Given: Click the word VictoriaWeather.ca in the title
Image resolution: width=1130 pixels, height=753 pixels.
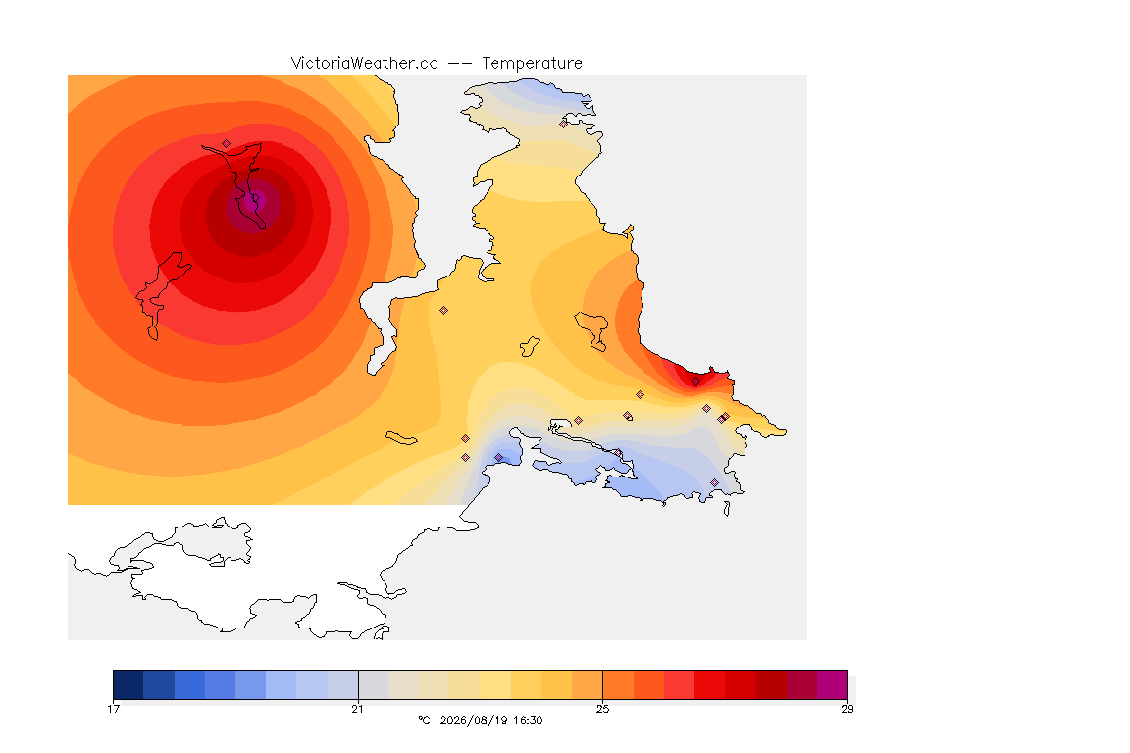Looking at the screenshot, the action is pos(365,64).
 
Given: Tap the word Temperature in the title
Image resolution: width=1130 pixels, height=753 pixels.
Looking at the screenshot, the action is pos(532,64).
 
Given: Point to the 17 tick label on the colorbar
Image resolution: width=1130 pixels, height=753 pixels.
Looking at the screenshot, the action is pos(113,709).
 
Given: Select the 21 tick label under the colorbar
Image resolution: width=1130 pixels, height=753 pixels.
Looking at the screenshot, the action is pos(357,709).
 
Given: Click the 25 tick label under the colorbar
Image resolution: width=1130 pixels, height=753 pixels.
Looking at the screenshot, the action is pos(602,709).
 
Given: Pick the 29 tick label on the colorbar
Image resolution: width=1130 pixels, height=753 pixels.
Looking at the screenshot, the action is pos(847,709).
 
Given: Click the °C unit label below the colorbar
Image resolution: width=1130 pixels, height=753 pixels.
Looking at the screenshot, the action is pos(424,720).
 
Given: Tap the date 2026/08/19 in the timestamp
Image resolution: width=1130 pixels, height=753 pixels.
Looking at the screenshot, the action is pos(471,720).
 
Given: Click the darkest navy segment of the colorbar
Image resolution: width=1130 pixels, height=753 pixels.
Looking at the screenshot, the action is pos(128,684).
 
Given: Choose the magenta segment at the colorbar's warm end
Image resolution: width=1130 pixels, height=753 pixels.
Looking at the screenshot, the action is pos(833,684).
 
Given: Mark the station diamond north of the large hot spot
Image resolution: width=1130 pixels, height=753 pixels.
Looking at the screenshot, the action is pos(227,144).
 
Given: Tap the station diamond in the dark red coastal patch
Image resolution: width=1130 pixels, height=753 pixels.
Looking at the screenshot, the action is pos(695,382).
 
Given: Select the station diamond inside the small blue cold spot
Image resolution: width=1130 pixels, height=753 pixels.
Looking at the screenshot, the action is pos(498,458).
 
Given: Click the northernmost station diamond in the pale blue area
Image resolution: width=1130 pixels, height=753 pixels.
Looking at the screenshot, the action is pos(564,124).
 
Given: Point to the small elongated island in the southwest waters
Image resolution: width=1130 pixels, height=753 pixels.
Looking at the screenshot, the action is pos(401,438).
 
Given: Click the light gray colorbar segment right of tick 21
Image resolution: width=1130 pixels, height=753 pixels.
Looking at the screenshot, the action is pos(374,684).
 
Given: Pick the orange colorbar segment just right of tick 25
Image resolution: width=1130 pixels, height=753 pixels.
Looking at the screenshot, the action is pos(618,684).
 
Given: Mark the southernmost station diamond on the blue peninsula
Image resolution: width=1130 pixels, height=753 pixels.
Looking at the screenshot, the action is pos(714,482).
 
